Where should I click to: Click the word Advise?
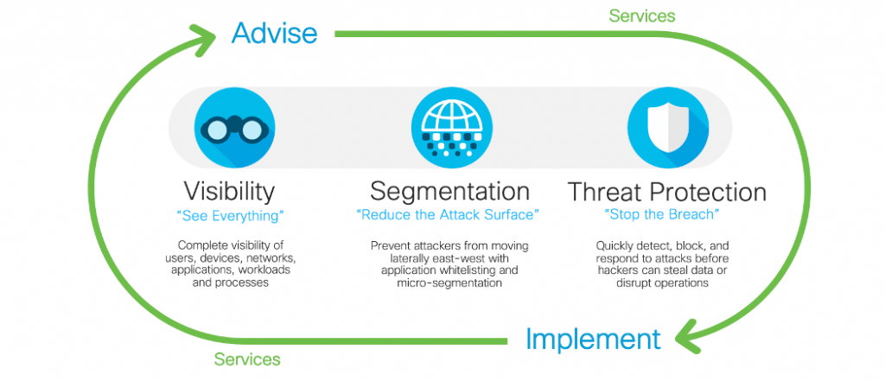point(274,34)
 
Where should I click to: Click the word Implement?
point(593,340)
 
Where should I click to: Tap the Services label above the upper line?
point(642,16)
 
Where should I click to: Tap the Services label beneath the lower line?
point(247,359)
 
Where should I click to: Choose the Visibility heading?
point(229,192)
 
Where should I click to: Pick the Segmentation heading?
point(449,192)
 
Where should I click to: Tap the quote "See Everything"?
point(230,215)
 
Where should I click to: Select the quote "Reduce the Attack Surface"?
point(449,215)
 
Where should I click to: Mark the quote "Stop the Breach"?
point(661,215)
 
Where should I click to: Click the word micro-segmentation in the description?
point(449,283)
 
